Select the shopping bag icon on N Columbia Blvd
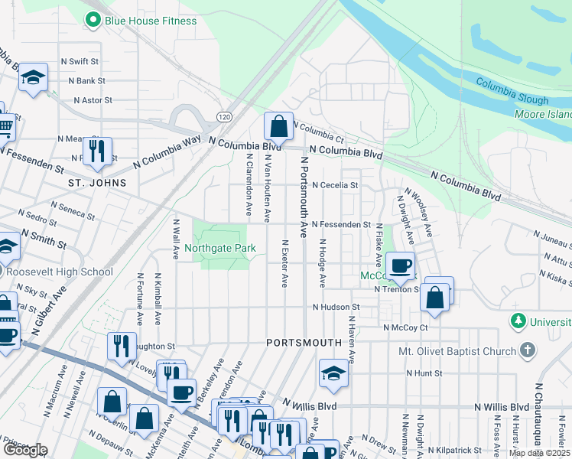(x=279, y=127)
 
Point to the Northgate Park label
(x=220, y=249)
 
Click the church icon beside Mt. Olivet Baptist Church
(x=527, y=350)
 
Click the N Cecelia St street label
(x=335, y=185)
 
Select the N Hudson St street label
(x=336, y=307)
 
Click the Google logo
(x=25, y=450)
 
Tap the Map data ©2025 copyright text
(x=539, y=453)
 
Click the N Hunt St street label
(x=424, y=373)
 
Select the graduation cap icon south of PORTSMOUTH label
(x=333, y=373)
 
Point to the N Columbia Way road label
(x=167, y=152)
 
